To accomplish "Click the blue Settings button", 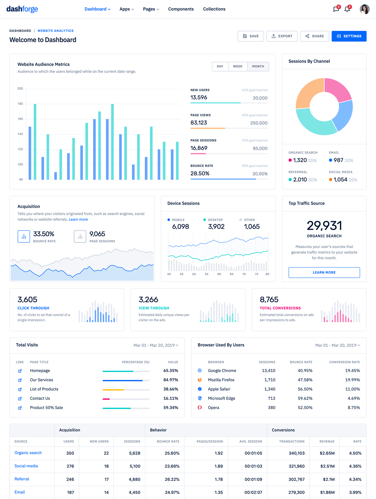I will tap(349, 36).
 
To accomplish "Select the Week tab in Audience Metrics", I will tap(238, 66).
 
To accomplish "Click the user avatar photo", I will tap(364, 9).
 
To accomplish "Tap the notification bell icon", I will tap(347, 9).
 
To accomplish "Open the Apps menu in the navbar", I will tap(127, 9).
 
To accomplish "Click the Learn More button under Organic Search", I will tap(324, 273).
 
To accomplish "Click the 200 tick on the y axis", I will tap(20, 88).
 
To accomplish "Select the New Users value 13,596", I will tap(199, 98).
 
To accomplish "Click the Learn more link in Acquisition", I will tap(78, 220).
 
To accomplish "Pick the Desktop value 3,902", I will tap(216, 226).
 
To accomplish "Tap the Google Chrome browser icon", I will tap(200, 371).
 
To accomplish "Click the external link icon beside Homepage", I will tap(20, 371).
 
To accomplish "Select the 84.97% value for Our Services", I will tap(171, 380).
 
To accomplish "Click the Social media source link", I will tap(26, 466).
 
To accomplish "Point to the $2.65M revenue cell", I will tap(327, 453).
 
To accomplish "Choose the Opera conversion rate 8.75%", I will tap(354, 408).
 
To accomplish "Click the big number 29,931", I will tap(324, 226).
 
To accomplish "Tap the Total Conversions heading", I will tap(280, 308).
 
